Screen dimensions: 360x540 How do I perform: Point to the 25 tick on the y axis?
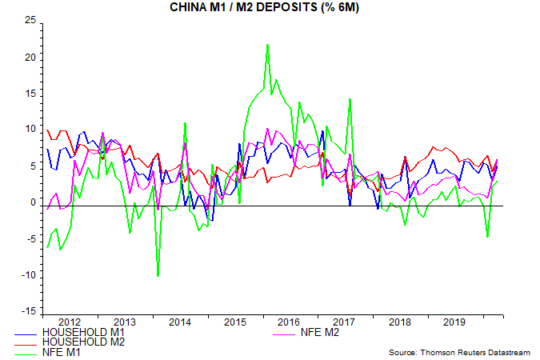click(29, 21)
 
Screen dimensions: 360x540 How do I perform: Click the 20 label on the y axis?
click(29, 58)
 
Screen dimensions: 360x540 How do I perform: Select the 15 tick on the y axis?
click(29, 94)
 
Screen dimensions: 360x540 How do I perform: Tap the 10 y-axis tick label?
click(29, 129)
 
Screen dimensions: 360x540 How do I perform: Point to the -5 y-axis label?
click(30, 238)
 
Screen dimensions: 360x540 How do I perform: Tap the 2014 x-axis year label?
click(180, 322)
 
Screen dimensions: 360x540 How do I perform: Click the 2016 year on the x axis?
click(290, 322)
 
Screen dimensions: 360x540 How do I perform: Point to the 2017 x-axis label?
click(345, 322)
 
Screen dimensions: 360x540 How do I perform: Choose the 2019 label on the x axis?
click(454, 322)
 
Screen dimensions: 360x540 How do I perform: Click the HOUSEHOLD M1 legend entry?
click(82, 332)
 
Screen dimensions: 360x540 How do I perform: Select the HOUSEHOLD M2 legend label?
click(82, 342)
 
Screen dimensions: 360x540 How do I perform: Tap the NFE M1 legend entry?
click(65, 353)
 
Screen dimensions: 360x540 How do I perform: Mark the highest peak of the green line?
click(267, 45)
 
